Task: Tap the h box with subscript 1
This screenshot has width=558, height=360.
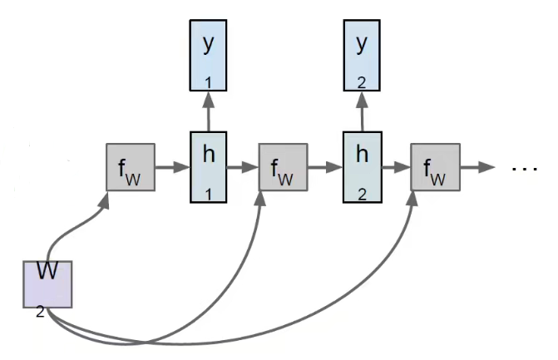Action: (x=208, y=166)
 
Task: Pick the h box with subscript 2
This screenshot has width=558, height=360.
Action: (x=361, y=166)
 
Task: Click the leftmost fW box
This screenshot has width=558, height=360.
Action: (x=130, y=167)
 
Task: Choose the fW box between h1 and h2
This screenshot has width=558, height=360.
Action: (x=284, y=167)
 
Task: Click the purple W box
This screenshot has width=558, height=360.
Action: (x=47, y=283)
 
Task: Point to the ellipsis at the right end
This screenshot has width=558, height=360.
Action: (x=525, y=168)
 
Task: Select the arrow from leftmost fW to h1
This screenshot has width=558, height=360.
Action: (x=170, y=167)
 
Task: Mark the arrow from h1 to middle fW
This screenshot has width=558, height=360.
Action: (x=244, y=167)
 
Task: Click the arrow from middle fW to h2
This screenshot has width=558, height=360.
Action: (x=324, y=167)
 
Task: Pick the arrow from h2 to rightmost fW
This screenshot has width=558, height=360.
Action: (x=397, y=167)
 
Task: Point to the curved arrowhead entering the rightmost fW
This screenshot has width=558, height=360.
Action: (x=414, y=200)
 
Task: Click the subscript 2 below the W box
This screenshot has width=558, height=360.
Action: (x=40, y=313)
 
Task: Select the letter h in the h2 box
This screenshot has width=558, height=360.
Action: (x=361, y=154)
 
